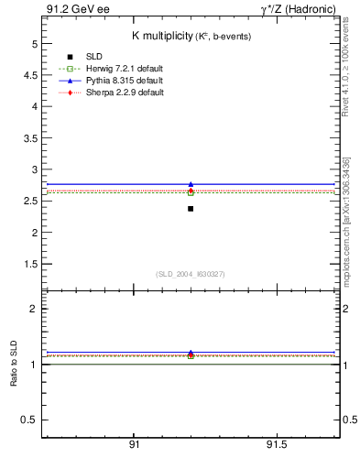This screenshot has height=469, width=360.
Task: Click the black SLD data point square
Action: [191, 209]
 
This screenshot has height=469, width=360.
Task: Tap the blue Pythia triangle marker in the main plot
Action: [191, 184]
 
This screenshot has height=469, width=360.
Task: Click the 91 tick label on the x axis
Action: [134, 445]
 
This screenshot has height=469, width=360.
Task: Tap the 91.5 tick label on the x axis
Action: [276, 445]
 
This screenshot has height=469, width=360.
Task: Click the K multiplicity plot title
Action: [191, 36]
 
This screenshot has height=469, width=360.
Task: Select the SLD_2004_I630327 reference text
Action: [191, 274]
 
